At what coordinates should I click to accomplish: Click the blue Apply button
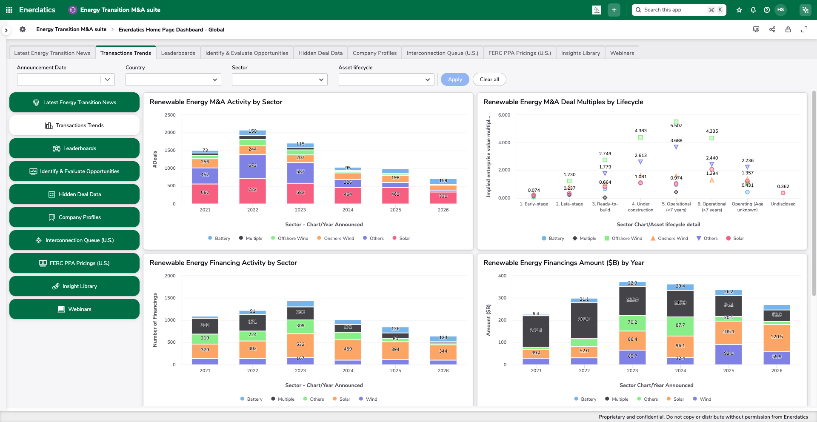pyautogui.click(x=454, y=80)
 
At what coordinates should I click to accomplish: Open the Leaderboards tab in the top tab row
pyautogui.click(x=178, y=53)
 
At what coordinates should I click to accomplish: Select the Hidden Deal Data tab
pyautogui.click(x=320, y=53)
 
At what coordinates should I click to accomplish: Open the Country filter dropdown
pyautogui.click(x=173, y=80)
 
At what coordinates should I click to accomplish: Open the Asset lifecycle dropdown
pyautogui.click(x=386, y=80)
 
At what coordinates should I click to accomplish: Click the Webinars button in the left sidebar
pyautogui.click(x=74, y=309)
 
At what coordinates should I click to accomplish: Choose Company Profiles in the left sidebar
pyautogui.click(x=74, y=217)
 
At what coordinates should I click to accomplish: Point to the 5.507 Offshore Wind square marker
pyautogui.click(x=676, y=122)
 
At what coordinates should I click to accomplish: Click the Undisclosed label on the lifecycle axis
pyautogui.click(x=783, y=204)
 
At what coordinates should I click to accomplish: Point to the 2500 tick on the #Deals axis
pyautogui.click(x=170, y=115)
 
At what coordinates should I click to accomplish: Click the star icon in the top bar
pyautogui.click(x=739, y=10)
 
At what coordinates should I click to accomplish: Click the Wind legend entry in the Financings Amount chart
pyautogui.click(x=702, y=399)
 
